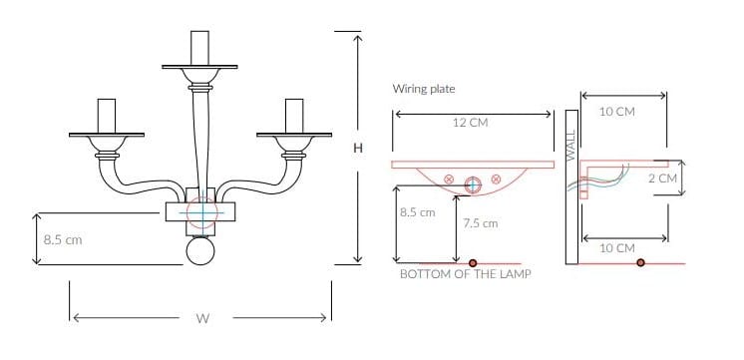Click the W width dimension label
pyautogui.click(x=202, y=319)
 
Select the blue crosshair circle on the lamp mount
pyautogui.click(x=200, y=212)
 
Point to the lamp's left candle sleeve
pyautogui.click(x=106, y=116)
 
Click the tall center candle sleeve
pyautogui.click(x=199, y=48)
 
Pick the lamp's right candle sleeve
pyautogui.click(x=294, y=116)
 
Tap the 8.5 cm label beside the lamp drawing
pyautogui.click(x=63, y=239)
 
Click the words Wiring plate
pyautogui.click(x=424, y=89)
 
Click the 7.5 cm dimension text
pyautogui.click(x=481, y=223)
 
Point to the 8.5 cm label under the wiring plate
pyautogui.click(x=417, y=212)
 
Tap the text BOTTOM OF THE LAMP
pyautogui.click(x=465, y=273)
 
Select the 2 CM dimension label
pyautogui.click(x=661, y=178)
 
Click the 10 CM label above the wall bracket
pyautogui.click(x=617, y=112)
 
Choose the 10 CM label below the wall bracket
pyautogui.click(x=617, y=247)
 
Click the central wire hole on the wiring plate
pyautogui.click(x=472, y=182)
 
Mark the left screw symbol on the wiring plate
pyautogui.click(x=449, y=180)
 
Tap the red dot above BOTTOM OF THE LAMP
pyautogui.click(x=465, y=263)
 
